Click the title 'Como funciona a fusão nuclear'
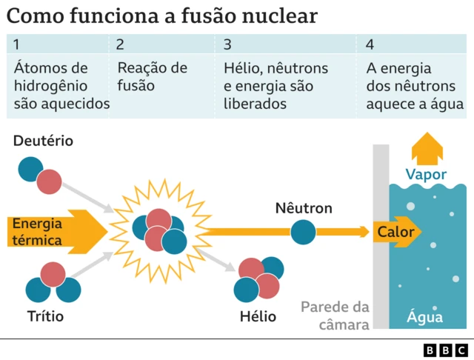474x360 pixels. [x=163, y=16]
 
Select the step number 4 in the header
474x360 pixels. [x=370, y=44]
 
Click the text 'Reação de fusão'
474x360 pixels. [x=152, y=77]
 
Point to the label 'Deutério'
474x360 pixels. [x=43, y=141]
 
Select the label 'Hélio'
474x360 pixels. [x=258, y=317]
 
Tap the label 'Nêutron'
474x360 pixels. [x=303, y=208]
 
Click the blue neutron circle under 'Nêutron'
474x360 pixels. [x=303, y=232]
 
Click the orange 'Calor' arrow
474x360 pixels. [x=397, y=232]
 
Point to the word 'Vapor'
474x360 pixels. [x=426, y=175]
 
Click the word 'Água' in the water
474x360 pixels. [x=425, y=318]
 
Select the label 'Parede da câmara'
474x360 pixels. [x=336, y=316]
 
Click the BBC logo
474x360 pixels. [x=445, y=349]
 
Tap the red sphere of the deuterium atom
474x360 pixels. [x=50, y=181]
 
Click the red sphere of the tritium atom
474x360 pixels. [x=53, y=275]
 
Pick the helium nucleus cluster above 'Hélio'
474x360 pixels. [x=258, y=279]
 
